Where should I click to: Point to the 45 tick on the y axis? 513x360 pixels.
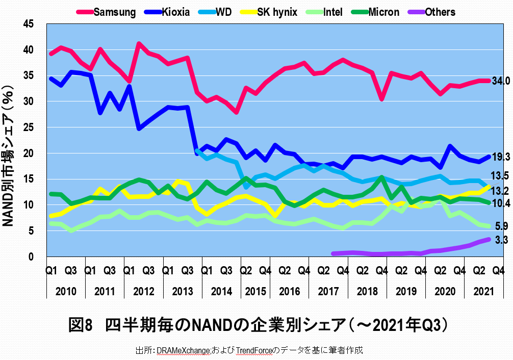tap(33, 24)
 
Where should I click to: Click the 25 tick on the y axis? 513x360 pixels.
tap(33, 127)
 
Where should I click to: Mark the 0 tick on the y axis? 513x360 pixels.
tap(36, 257)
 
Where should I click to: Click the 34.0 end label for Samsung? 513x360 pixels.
tap(501, 81)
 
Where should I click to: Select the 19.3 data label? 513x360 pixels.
tap(501, 158)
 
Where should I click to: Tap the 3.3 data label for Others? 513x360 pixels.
tap(501, 240)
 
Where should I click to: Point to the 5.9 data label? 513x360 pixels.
tap(501, 226)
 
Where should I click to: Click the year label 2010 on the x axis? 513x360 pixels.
tap(66, 291)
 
